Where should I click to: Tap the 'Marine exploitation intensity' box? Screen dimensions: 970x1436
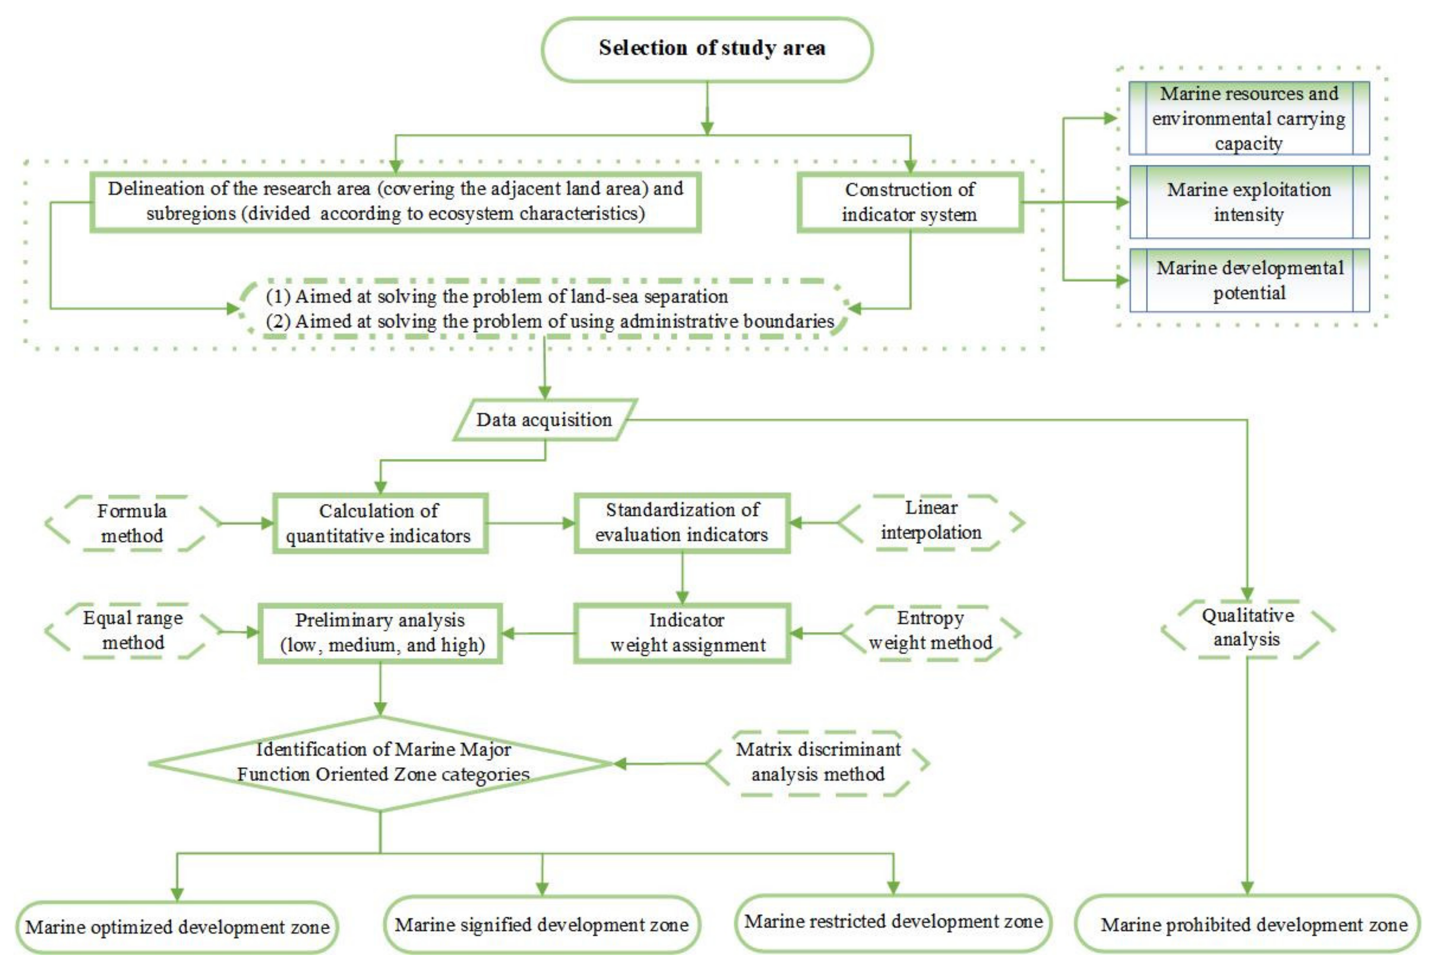[1249, 202]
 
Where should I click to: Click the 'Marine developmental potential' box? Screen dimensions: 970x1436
[1249, 280]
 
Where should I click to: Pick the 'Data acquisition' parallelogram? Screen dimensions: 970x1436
[544, 420]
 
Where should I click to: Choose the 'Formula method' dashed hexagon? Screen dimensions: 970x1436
[132, 523]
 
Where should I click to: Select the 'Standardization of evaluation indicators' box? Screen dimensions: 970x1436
[682, 522]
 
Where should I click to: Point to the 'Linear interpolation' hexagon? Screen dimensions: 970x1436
[931, 520]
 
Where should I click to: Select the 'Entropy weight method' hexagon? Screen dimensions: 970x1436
[931, 631]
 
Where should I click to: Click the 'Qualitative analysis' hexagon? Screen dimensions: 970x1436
[1247, 628]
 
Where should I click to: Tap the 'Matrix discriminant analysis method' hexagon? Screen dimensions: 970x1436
[817, 762]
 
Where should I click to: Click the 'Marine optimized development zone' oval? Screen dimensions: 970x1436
[177, 927]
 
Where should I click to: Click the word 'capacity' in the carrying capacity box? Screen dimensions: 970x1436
[1249, 143]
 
